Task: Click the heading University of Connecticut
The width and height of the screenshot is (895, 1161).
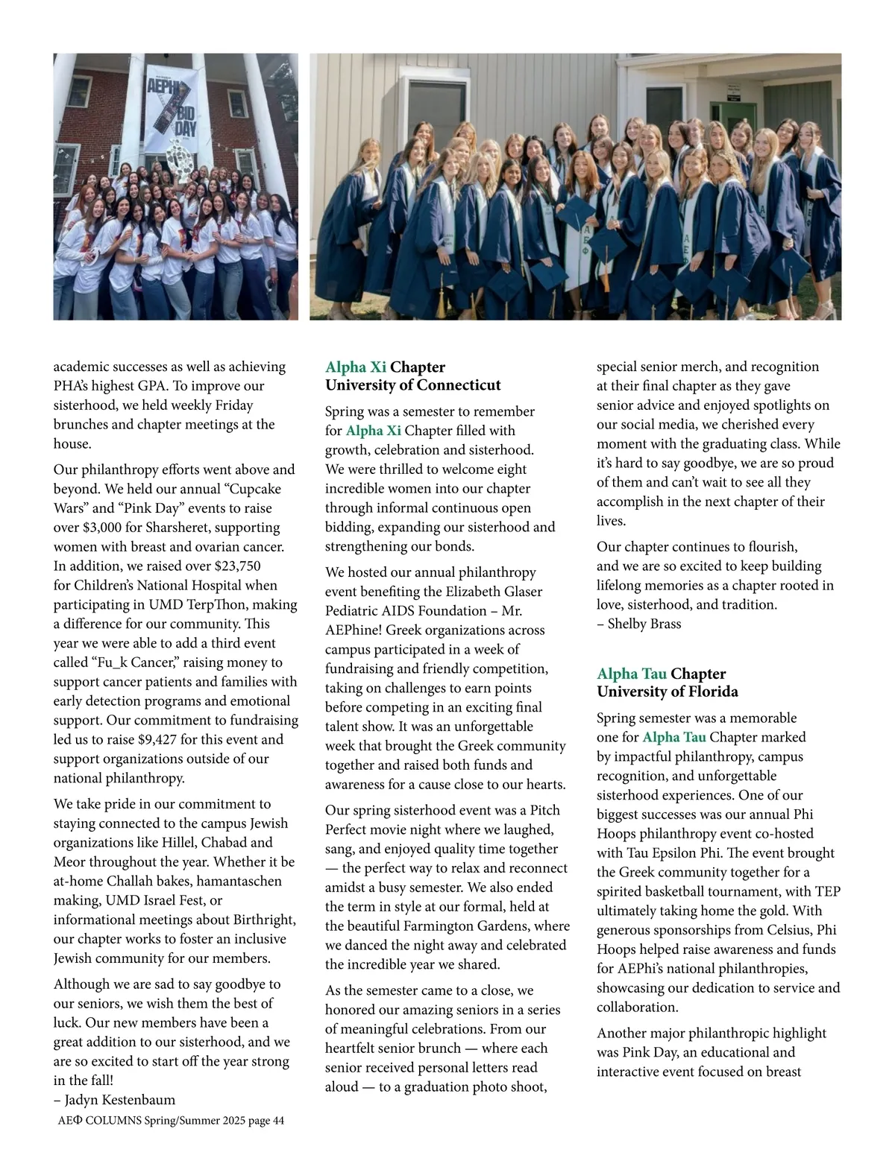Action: [412, 385]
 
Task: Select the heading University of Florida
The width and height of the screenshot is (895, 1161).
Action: [667, 692]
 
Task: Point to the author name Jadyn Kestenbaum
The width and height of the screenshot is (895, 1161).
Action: [119, 1100]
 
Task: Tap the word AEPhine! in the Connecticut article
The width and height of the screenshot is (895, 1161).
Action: [352, 630]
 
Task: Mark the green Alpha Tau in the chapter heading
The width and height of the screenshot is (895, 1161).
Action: [631, 674]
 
